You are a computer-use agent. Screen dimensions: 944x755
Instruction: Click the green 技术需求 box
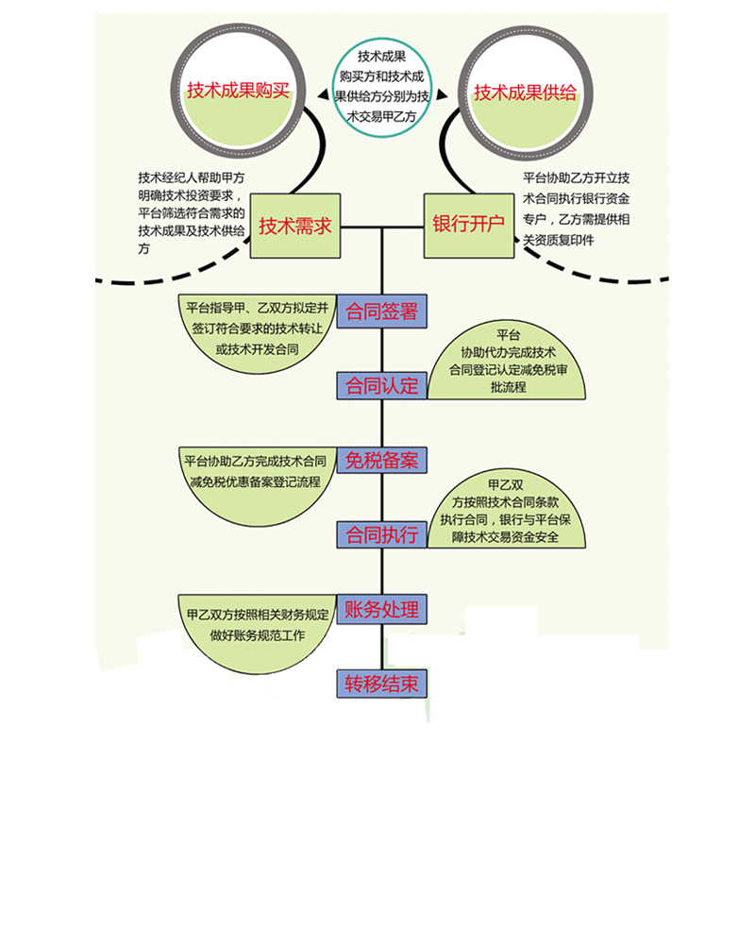(x=294, y=227)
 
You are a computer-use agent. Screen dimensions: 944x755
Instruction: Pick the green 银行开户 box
(x=468, y=227)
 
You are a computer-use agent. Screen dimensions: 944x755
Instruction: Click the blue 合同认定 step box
(x=381, y=385)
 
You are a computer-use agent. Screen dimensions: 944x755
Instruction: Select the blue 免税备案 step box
(x=381, y=461)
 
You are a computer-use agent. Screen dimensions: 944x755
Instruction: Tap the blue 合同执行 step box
(x=381, y=534)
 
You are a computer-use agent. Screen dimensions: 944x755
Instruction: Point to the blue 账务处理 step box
(x=381, y=609)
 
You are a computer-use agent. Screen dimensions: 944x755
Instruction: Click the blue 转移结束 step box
(x=381, y=684)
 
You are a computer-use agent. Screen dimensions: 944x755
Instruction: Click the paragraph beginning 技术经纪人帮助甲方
(x=193, y=213)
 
